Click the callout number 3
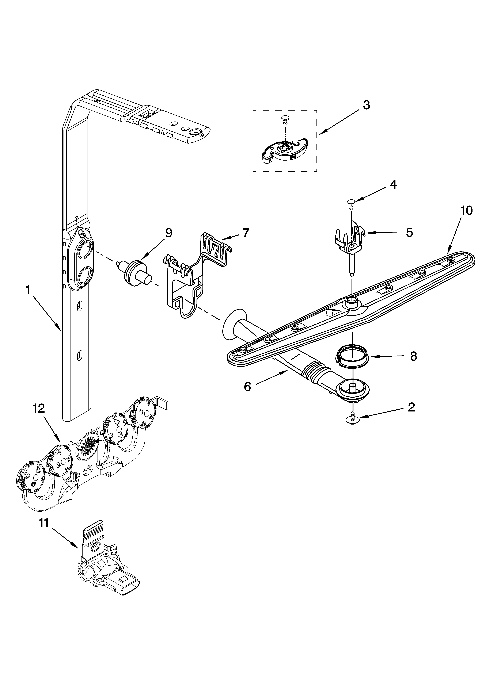click(x=366, y=105)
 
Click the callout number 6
click(x=248, y=387)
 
